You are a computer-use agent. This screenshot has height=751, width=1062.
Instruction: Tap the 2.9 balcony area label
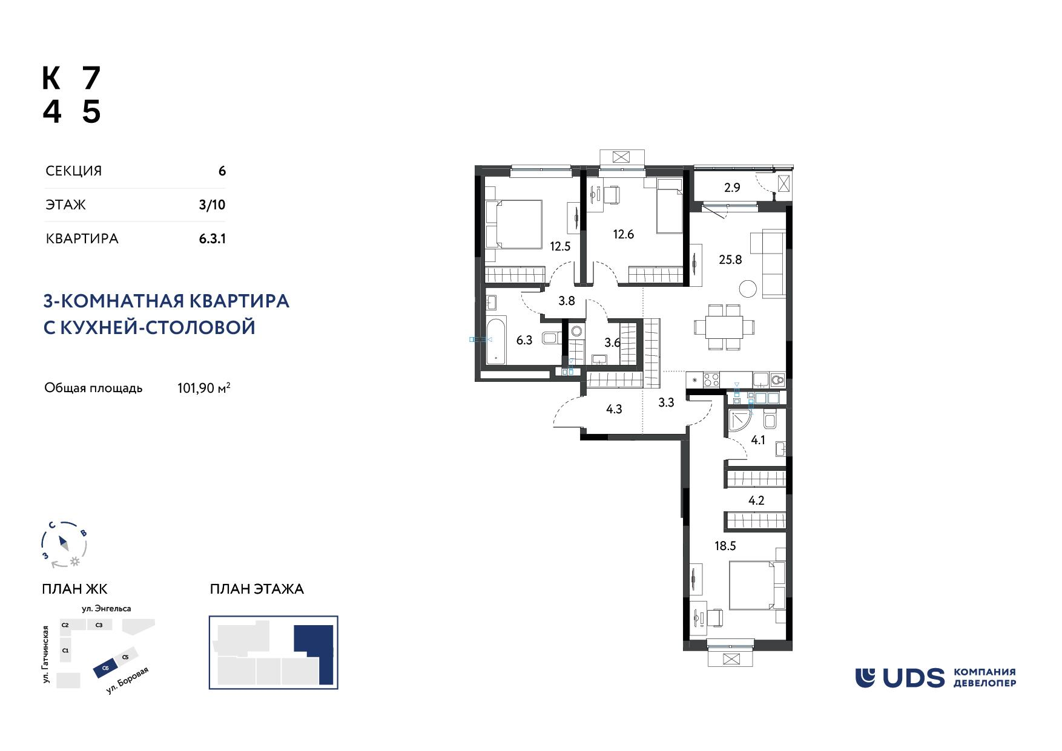(x=732, y=188)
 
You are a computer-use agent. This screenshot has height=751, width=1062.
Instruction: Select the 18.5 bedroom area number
(x=725, y=546)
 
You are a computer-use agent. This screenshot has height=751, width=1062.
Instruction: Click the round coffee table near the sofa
(x=748, y=289)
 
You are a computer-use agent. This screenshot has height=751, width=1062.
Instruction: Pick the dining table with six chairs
(x=725, y=327)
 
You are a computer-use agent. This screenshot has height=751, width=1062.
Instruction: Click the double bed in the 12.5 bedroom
(x=514, y=224)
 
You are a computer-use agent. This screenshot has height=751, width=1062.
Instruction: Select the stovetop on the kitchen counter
(x=711, y=380)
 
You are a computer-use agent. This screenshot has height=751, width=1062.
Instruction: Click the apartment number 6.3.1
(x=213, y=238)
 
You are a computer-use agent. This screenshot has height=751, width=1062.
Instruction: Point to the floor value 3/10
(x=212, y=205)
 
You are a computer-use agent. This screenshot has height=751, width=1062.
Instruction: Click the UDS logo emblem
(x=866, y=678)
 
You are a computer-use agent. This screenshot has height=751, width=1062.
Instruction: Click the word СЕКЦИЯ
(x=74, y=171)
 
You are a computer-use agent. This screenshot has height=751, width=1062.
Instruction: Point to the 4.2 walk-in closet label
(x=757, y=500)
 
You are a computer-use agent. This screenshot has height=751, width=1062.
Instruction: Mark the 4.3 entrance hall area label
(x=614, y=410)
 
